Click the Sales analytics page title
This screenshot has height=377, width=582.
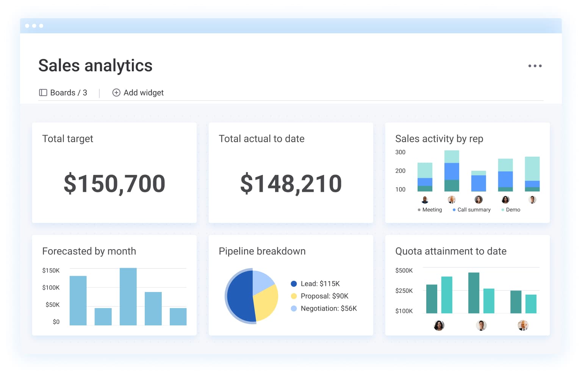(95, 66)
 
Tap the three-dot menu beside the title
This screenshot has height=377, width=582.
(535, 66)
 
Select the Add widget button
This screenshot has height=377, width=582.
(138, 93)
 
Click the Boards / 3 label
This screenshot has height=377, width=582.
(63, 93)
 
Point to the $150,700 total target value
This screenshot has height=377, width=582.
(114, 184)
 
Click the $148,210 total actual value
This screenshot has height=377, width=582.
(291, 184)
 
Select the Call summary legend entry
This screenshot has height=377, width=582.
(472, 210)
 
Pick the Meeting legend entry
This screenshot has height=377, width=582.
(430, 210)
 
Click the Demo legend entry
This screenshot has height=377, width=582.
(511, 210)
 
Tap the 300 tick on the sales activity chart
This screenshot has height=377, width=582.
(400, 152)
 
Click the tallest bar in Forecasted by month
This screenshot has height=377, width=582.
(128, 297)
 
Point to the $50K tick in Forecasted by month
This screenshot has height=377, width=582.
(52, 305)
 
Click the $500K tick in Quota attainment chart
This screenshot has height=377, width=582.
(404, 270)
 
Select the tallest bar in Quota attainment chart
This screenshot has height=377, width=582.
(474, 293)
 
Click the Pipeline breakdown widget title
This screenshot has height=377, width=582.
(262, 251)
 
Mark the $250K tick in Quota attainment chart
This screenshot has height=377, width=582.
(404, 291)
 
